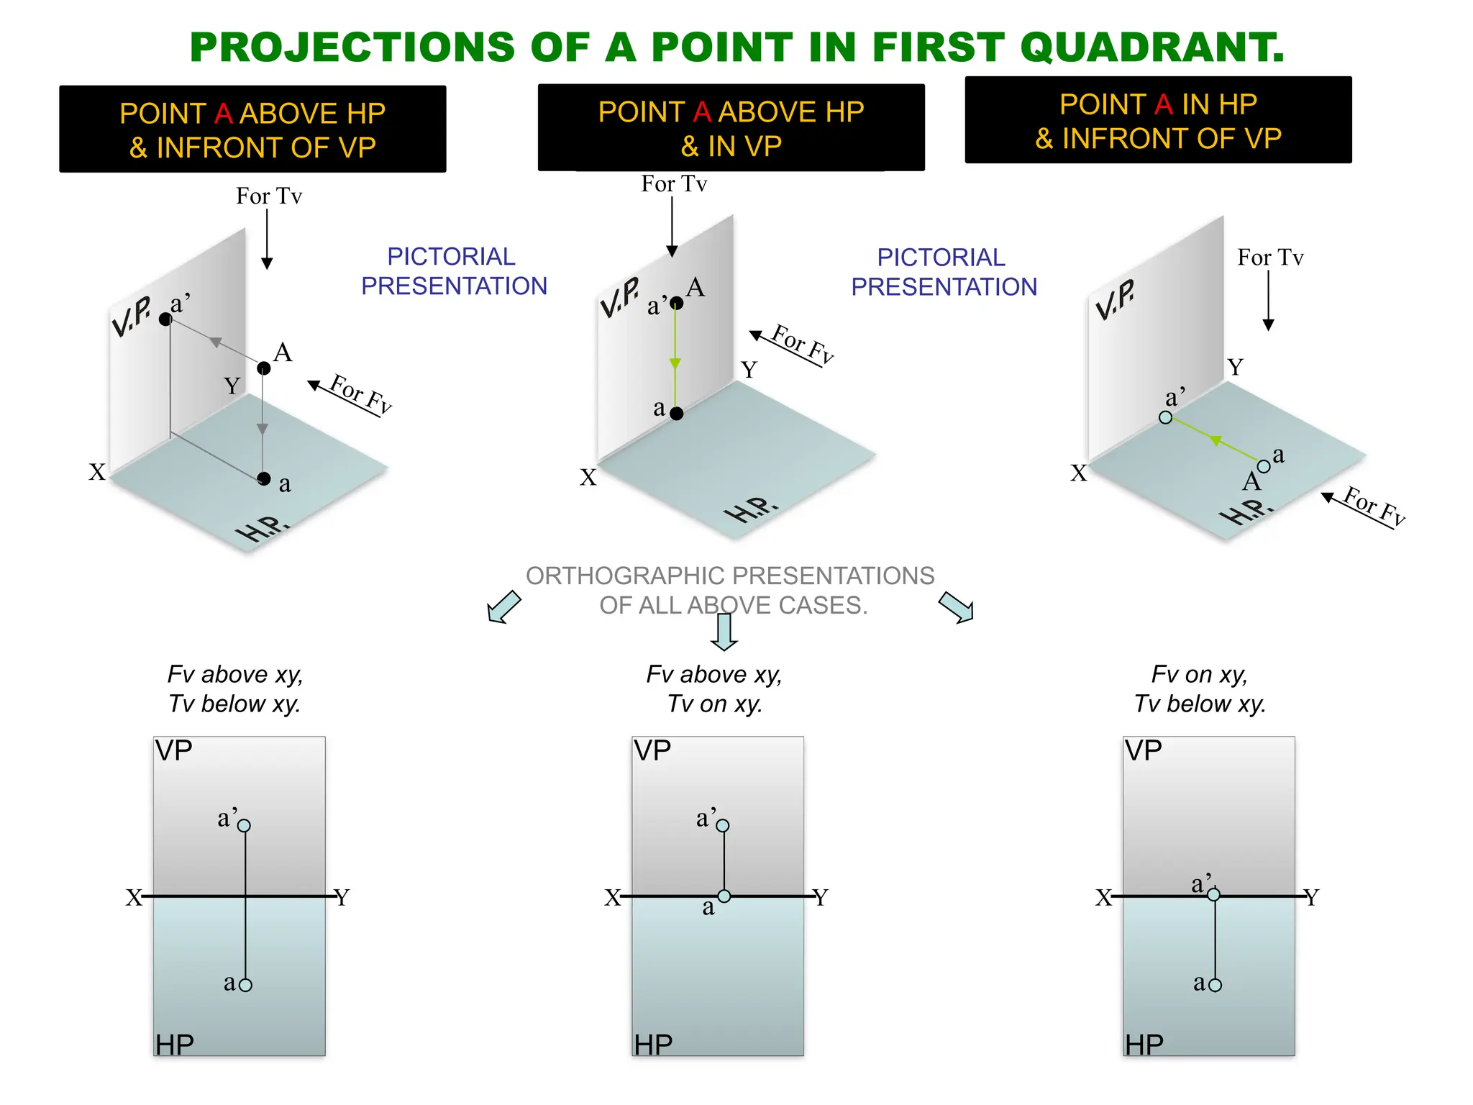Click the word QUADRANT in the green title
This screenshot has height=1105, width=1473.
coord(1151,47)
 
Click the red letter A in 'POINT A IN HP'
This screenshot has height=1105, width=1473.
coord(1163,105)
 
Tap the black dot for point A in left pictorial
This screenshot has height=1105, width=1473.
coord(264,368)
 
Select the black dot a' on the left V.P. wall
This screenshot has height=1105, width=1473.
coord(165,319)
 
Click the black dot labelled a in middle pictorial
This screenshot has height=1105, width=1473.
coord(676,414)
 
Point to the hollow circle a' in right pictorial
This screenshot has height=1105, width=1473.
coord(1166,417)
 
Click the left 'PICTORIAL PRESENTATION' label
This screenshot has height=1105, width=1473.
coord(453,271)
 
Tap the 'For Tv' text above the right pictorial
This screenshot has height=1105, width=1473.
coord(1270,258)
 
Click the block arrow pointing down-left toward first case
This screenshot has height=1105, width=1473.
coord(503,607)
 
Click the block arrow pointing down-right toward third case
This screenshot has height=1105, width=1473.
coord(957,607)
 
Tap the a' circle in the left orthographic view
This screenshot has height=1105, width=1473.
coord(245,826)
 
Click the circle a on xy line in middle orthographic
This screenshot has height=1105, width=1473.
coord(724,896)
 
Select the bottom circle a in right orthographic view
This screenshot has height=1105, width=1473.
coord(1216,985)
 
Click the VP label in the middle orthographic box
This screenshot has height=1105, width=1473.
coord(652,751)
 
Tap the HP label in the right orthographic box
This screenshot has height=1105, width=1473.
coord(1144,1045)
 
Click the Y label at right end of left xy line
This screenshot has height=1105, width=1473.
coord(342,898)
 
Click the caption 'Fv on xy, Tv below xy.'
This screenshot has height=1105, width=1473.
coord(1200,689)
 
